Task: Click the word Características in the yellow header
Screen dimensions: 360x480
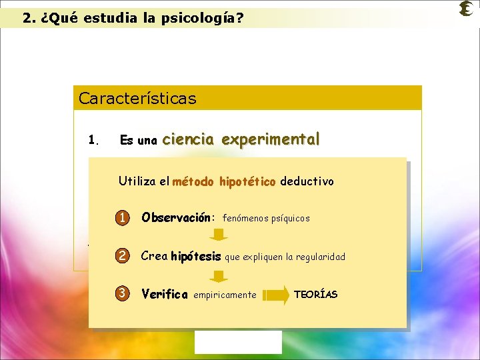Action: pyautogui.click(x=137, y=99)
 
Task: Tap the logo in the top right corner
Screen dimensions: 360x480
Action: pyautogui.click(x=467, y=9)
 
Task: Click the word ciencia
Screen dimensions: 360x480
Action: pyautogui.click(x=187, y=139)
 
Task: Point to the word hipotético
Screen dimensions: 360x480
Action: pyautogui.click(x=249, y=181)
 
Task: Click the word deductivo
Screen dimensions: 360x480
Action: pyautogui.click(x=307, y=181)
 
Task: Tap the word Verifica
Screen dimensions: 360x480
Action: pyautogui.click(x=165, y=294)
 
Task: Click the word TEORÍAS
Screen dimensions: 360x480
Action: pyautogui.click(x=315, y=295)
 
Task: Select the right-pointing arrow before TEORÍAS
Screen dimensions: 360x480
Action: pyautogui.click(x=276, y=294)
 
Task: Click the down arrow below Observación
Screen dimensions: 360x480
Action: pyautogui.click(x=219, y=234)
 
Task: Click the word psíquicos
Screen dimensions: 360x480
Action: pyautogui.click(x=290, y=219)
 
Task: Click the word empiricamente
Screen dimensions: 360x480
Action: pyautogui.click(x=225, y=295)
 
